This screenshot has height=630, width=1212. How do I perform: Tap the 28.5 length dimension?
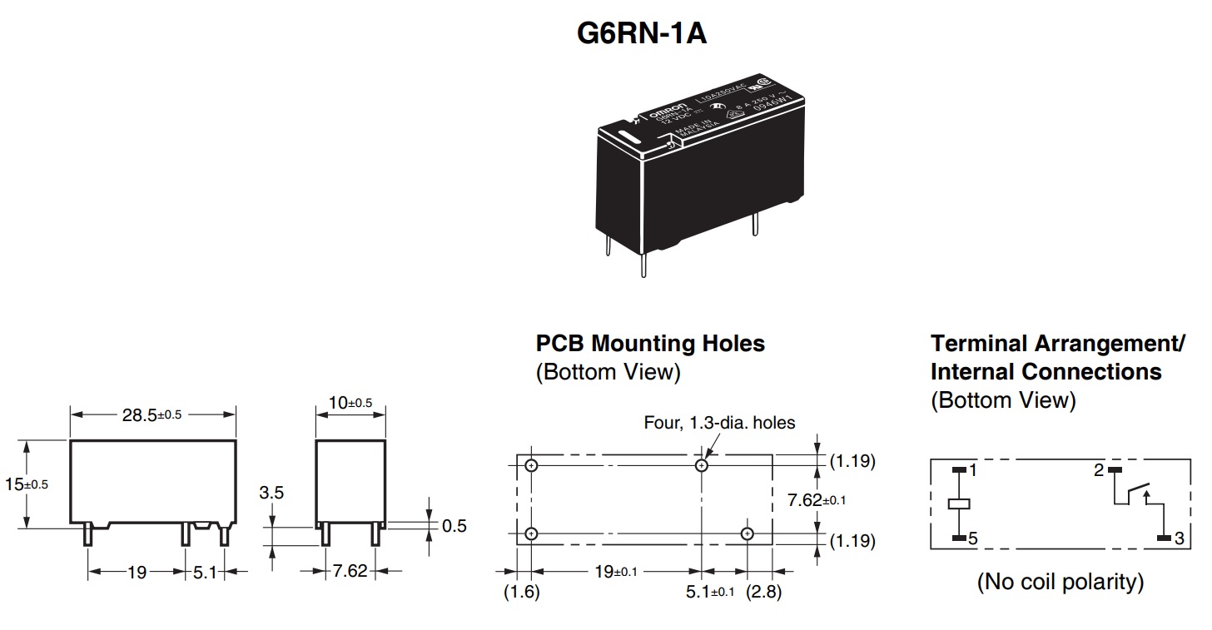tap(151, 414)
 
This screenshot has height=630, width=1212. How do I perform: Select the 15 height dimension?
tap(25, 484)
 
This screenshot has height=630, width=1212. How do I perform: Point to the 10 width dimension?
tap(350, 403)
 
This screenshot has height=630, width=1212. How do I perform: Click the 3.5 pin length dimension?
tap(271, 493)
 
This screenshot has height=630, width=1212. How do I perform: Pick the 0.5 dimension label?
tap(454, 526)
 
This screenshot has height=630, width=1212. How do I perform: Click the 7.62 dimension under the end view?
tap(350, 572)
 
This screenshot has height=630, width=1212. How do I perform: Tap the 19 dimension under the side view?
tap(137, 572)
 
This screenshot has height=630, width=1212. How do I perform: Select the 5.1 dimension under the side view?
tap(205, 572)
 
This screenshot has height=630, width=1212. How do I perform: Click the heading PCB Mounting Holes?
tap(649, 343)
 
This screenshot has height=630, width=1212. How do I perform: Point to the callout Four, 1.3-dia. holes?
tap(719, 423)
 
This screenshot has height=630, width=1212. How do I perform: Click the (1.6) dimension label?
tap(522, 593)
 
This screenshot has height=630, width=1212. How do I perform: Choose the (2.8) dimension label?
tap(763, 593)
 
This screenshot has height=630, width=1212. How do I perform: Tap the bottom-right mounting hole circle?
tap(748, 533)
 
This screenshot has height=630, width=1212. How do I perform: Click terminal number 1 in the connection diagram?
tap(972, 470)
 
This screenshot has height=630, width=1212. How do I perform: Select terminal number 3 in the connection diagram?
tap(1179, 539)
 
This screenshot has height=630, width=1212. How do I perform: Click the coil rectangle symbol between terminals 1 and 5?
tap(958, 504)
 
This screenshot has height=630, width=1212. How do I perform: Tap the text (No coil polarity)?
tap(1060, 581)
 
